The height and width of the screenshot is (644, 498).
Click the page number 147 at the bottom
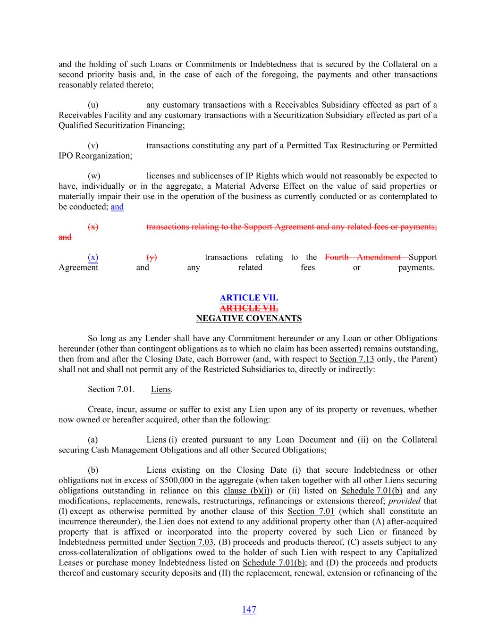(x=249, y=610)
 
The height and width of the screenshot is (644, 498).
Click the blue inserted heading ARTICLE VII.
(x=249, y=298)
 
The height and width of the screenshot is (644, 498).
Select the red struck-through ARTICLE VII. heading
(x=249, y=308)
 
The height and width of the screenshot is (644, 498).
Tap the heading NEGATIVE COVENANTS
(x=249, y=318)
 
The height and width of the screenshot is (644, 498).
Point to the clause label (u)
(x=93, y=105)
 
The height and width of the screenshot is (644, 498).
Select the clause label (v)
(x=93, y=145)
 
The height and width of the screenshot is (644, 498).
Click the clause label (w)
(x=93, y=176)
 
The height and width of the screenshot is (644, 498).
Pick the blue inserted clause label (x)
(x=93, y=257)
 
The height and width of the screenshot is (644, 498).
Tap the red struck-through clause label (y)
(x=152, y=257)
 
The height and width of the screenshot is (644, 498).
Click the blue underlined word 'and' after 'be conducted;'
(x=117, y=207)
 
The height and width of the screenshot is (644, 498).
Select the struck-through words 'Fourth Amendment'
(x=363, y=257)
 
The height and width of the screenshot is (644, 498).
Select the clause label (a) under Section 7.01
(x=93, y=440)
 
